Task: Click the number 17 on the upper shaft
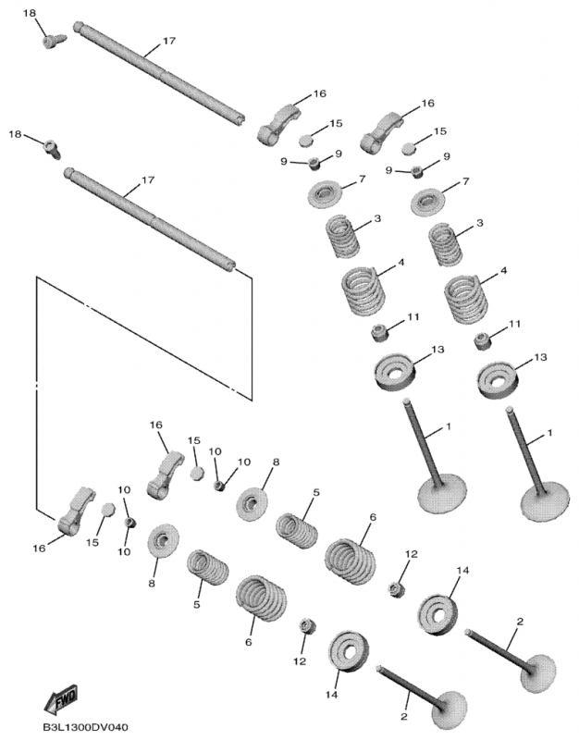click(169, 42)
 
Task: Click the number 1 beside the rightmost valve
click(550, 432)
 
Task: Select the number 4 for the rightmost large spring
click(504, 270)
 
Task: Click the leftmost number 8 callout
click(154, 585)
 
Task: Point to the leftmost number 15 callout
click(92, 541)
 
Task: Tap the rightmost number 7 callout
click(465, 180)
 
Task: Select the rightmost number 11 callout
click(515, 324)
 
